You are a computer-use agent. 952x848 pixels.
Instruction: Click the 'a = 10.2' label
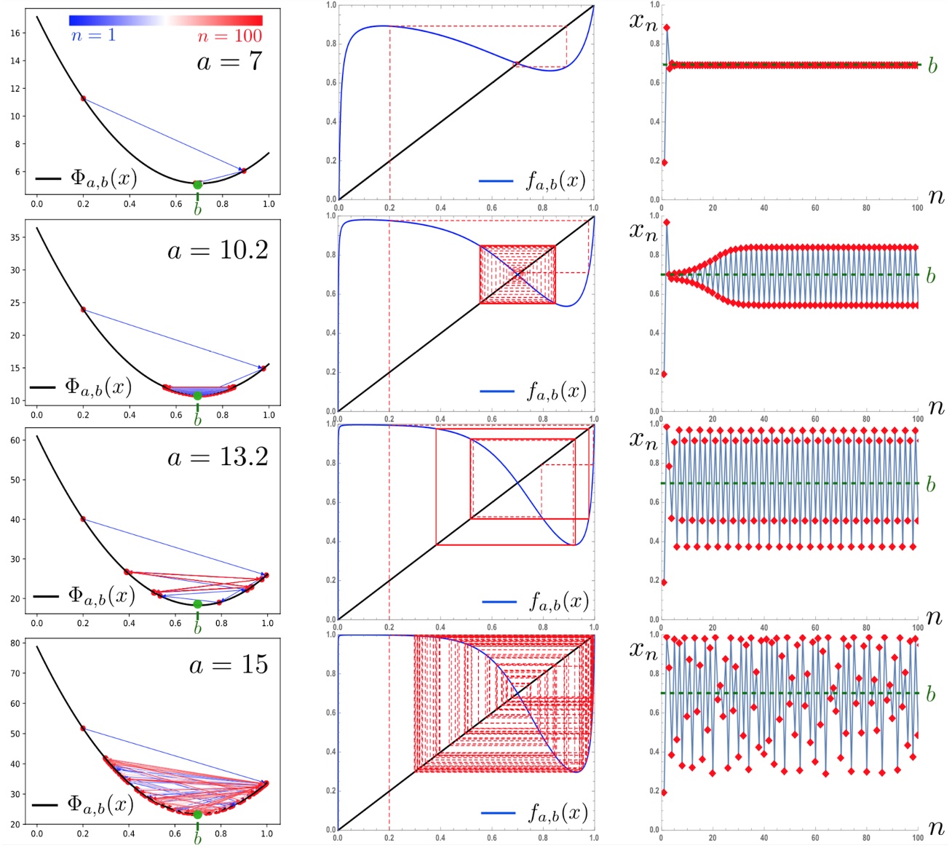pos(218,250)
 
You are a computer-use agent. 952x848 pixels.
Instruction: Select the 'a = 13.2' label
pos(218,457)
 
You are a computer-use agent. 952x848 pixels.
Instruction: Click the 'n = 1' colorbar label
pos(93,36)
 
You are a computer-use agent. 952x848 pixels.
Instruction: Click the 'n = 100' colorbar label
pos(229,36)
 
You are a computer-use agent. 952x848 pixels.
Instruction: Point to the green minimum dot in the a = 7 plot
pos(197,185)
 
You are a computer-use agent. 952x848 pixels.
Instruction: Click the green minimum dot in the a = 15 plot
pos(197,815)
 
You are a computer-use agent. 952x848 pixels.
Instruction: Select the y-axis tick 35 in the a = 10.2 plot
pos(17,237)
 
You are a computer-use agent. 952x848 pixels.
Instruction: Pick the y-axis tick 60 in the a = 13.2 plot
pos(17,440)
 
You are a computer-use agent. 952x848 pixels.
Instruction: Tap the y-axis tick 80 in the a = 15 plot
pos(17,643)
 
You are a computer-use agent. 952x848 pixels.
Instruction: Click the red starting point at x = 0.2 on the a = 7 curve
pos(83,98)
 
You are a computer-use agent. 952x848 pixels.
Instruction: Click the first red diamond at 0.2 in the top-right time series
pos(664,162)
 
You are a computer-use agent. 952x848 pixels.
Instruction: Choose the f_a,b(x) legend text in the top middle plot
pos(555,181)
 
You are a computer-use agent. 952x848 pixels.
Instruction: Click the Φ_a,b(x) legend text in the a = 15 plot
pos(100,804)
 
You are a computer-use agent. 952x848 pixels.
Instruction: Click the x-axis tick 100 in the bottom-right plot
pos(917,838)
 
